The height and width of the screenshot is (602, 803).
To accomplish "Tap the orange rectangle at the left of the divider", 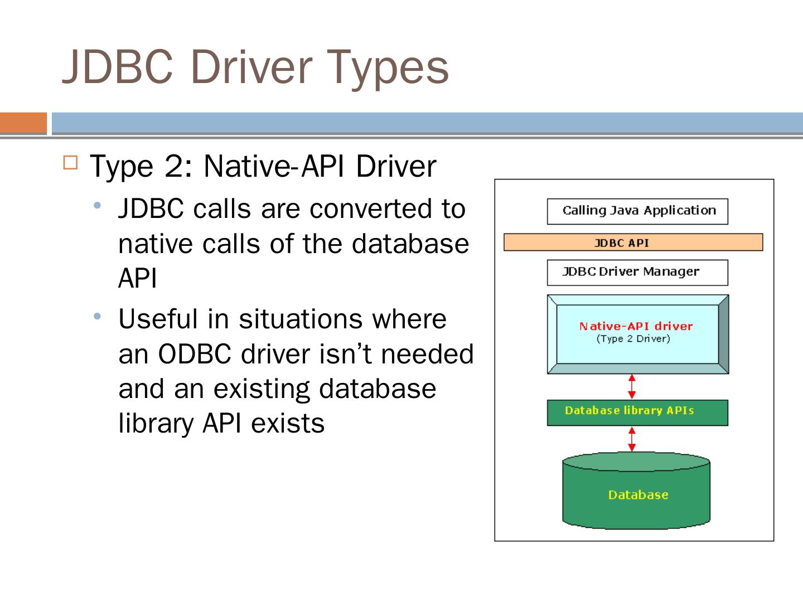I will coord(23,123).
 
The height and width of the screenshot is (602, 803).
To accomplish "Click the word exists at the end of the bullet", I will coord(288,423).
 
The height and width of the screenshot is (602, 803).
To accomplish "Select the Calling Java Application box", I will coord(637,211).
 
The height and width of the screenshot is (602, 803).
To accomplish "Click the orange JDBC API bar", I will coord(633,242).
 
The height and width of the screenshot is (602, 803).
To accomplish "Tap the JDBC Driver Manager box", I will coord(637,272).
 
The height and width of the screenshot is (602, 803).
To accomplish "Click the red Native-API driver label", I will coord(636,326).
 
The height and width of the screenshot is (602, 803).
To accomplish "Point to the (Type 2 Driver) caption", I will coord(633,339).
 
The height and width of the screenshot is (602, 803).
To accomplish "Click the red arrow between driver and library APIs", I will coord(632,386).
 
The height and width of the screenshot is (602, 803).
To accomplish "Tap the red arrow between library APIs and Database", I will coord(632,439).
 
